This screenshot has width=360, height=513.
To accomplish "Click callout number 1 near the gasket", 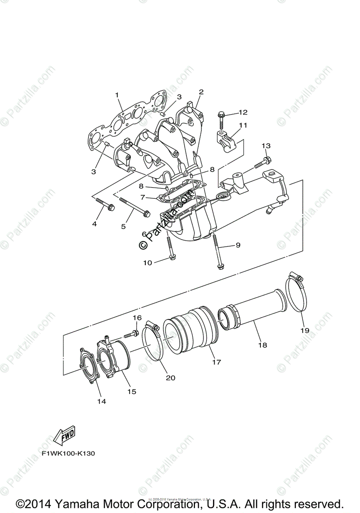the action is coord(117,94).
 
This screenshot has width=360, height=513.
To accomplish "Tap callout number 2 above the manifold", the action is coord(201,91).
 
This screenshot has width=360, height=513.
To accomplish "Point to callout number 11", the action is coord(243,125).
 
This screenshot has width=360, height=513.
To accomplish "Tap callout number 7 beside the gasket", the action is coord(143,198).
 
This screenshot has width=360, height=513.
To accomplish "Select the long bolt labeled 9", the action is coord(218,252).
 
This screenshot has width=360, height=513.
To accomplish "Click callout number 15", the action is coord(132,391).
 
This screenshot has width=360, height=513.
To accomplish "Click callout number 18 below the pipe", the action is coord(262,344).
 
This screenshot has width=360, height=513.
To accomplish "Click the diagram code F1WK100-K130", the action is coord(68,454).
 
